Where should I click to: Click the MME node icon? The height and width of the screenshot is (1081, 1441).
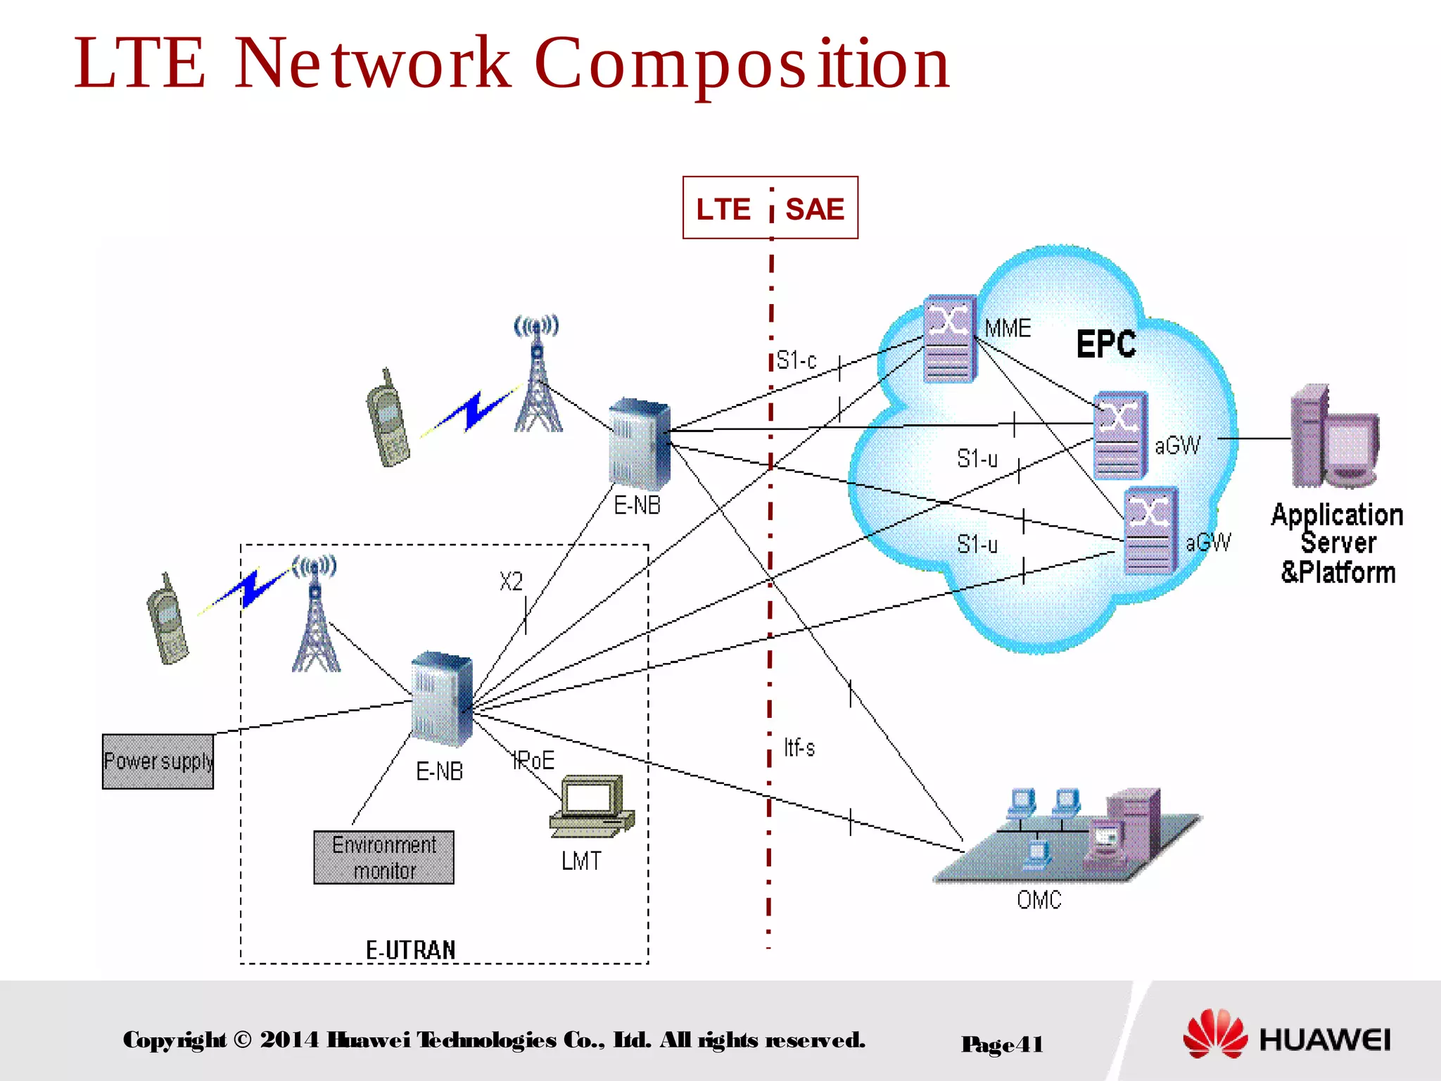pos(949,339)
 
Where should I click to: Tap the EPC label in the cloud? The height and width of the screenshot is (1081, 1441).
pos(1106,344)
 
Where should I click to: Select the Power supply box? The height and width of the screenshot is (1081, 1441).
pos(158,761)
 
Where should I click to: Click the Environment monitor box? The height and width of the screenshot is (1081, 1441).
pos(383,857)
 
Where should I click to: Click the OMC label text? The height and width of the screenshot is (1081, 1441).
pos(1039,899)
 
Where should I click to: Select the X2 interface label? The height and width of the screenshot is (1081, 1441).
pos(512,581)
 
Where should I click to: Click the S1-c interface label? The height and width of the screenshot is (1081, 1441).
pos(796,360)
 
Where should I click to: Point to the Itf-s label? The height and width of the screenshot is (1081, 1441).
pos(799,747)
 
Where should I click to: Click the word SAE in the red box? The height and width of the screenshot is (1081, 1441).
pos(814,209)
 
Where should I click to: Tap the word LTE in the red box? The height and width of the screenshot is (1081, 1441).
pos(723,209)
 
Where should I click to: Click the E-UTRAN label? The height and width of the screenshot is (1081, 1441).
pos(411,950)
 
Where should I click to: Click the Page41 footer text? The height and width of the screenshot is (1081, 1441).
pos(1002,1044)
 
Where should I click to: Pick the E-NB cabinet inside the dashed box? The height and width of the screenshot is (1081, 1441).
pos(441,699)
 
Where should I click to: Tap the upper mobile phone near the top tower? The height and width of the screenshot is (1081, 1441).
pos(388,418)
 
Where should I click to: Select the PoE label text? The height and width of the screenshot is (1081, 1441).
pos(534,761)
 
